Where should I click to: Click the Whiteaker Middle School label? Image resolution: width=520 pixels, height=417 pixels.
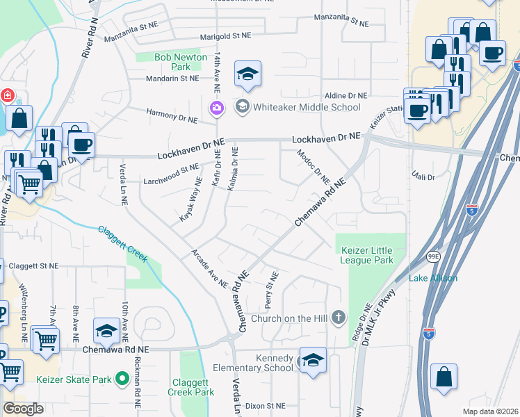click(306, 107)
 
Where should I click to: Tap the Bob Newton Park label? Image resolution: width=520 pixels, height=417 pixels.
click(181, 62)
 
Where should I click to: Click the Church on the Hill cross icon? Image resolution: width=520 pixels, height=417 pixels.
click(339, 318)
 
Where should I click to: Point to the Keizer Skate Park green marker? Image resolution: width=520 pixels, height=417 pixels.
click(122, 379)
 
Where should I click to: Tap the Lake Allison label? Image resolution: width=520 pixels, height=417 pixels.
click(433, 278)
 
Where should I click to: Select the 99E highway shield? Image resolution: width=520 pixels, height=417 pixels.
click(434, 257)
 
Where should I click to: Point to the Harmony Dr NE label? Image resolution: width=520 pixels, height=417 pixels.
click(172, 115)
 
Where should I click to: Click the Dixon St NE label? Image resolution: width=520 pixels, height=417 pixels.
click(266, 405)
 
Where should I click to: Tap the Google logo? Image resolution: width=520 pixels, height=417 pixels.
click(23, 408)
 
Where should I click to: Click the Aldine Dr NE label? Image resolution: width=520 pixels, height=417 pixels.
click(346, 95)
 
